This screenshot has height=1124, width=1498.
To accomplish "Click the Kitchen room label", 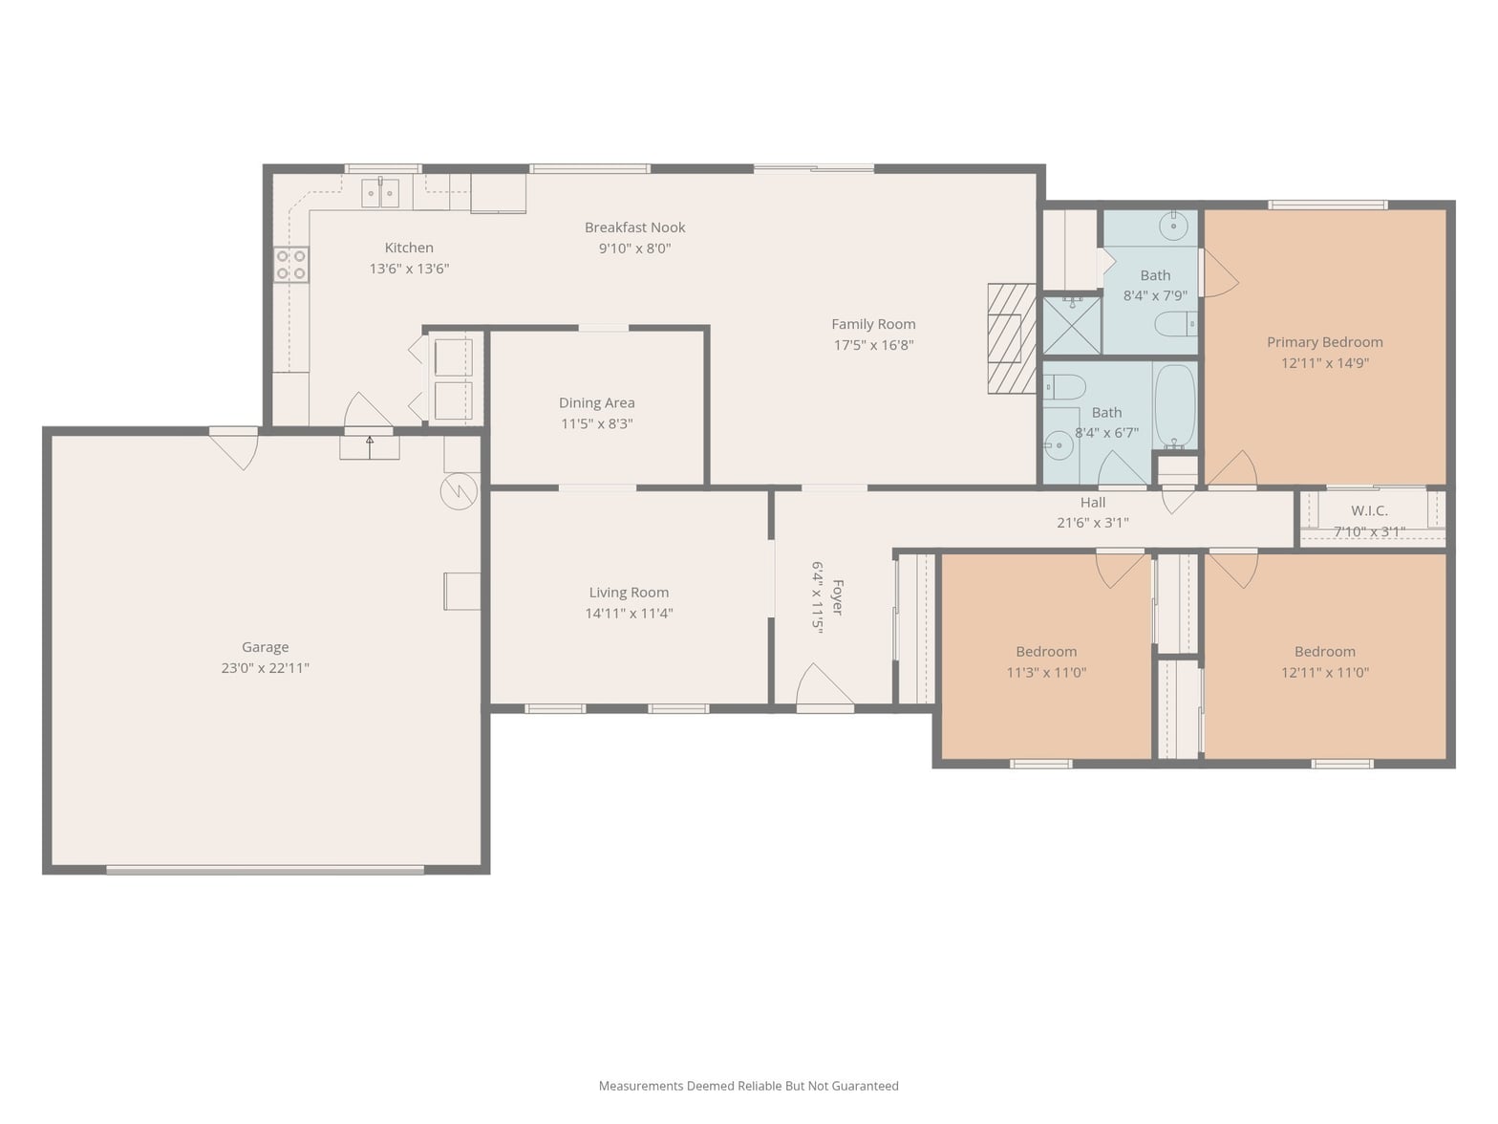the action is (408, 248).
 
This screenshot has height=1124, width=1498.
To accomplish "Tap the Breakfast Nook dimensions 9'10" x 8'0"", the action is (634, 249).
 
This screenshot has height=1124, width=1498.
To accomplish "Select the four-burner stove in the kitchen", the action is (291, 265).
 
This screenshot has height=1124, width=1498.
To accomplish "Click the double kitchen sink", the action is (380, 193).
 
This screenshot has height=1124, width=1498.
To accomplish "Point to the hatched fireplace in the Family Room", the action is (1012, 338).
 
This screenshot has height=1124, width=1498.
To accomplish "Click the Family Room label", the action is (873, 324).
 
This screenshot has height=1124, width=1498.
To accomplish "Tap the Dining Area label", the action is (596, 402).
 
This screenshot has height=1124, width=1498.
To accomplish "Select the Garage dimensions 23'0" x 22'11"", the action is (265, 667).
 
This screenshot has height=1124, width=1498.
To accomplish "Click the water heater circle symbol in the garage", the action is (459, 491).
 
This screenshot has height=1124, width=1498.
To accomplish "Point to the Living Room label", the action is (629, 593).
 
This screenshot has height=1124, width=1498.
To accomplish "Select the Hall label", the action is (1093, 503).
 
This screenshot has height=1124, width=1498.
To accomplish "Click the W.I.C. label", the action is (1369, 510).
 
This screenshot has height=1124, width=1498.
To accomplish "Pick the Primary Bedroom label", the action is (1325, 342).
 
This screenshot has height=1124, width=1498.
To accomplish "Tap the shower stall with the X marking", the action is (1072, 325).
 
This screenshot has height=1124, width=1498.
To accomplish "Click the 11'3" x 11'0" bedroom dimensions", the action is (1046, 672).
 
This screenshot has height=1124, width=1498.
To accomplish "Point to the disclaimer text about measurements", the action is (749, 1086).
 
